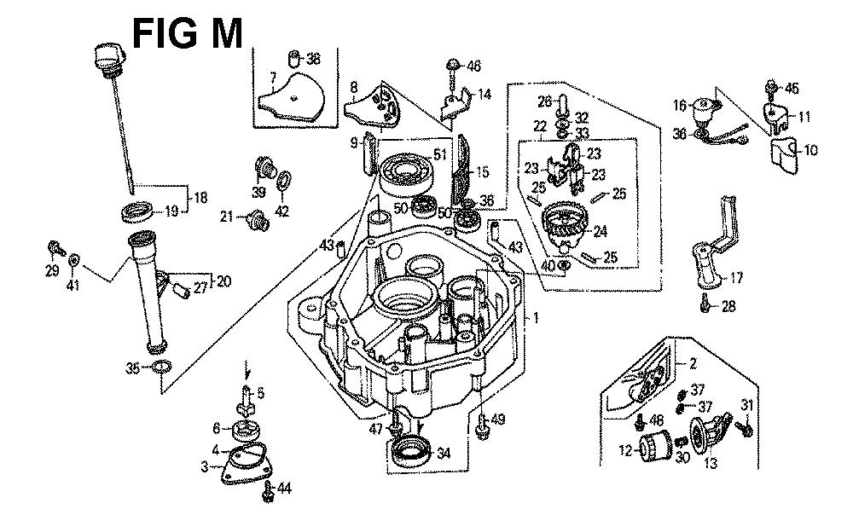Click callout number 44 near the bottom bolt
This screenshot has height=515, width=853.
coord(284,489)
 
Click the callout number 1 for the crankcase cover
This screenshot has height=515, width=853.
coord(536,318)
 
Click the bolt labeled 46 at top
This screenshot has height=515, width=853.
coord(453,66)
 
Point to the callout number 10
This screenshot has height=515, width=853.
coord(810,150)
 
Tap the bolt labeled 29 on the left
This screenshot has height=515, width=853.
coord(55,250)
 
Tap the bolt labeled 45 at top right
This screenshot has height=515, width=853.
coord(771,88)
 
